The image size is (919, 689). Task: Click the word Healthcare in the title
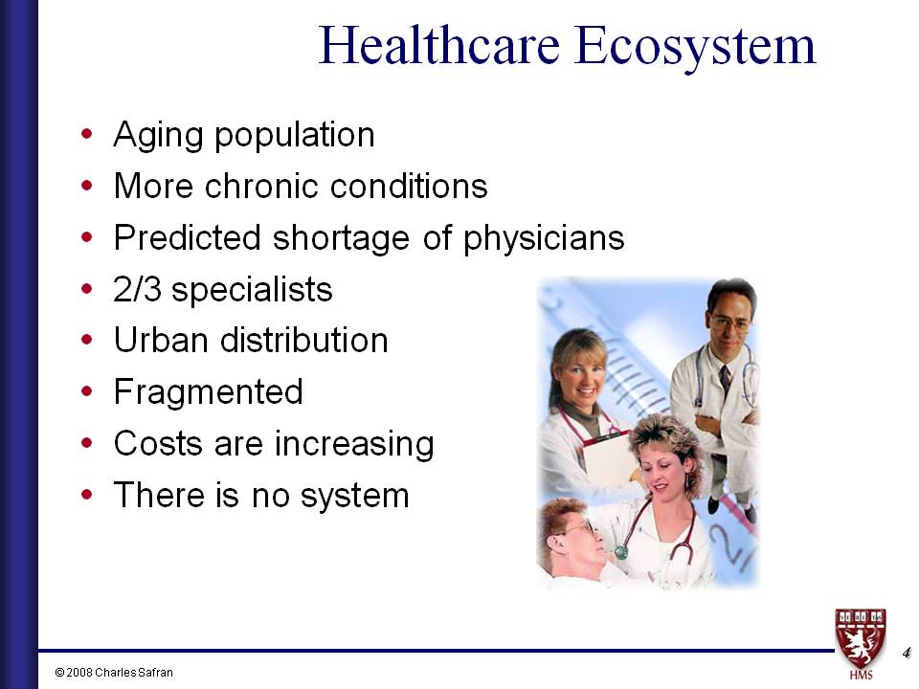coord(439,45)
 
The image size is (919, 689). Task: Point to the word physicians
coord(544,239)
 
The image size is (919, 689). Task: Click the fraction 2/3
coord(137,289)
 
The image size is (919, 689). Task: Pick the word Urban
coord(161,340)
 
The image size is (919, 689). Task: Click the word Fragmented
coord(209,392)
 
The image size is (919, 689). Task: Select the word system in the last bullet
coord(354,497)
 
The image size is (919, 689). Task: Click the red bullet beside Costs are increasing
coord(87,443)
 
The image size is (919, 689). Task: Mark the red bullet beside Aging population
coord(87,134)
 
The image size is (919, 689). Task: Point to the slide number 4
coord(907,652)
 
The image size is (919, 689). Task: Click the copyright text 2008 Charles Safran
coord(114,673)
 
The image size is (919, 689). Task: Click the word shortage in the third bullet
coord(341,238)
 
